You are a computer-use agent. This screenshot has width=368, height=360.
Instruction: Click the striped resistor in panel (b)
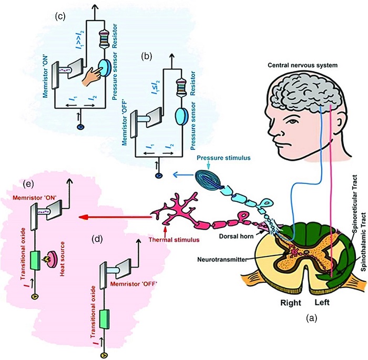(x=181, y=85)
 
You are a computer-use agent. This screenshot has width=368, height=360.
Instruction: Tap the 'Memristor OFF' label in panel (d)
(x=134, y=284)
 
